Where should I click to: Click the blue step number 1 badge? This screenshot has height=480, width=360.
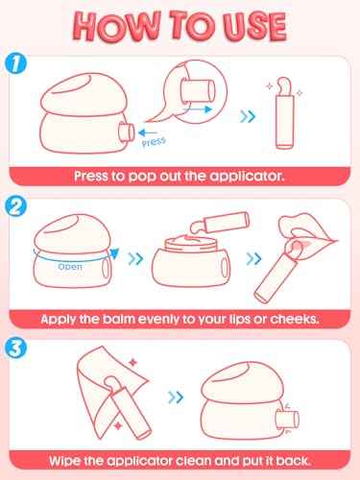[x=15, y=63]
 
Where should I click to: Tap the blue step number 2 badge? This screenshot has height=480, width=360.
[x=15, y=206]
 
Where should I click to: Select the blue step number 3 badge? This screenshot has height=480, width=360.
[x=15, y=348]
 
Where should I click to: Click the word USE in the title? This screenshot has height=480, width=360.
[x=254, y=26]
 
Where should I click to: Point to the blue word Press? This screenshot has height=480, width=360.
[x=154, y=142]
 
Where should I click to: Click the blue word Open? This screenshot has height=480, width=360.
[x=70, y=267]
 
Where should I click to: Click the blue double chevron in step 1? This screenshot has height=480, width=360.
[x=248, y=117]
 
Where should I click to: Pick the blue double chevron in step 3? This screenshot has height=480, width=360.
[x=176, y=397]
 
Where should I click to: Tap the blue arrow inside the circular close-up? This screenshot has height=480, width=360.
[x=197, y=109]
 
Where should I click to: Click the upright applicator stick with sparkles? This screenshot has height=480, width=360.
[x=284, y=113]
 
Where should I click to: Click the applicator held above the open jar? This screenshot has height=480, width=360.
[x=220, y=223]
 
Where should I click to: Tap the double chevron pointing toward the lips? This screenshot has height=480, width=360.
[x=253, y=258]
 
